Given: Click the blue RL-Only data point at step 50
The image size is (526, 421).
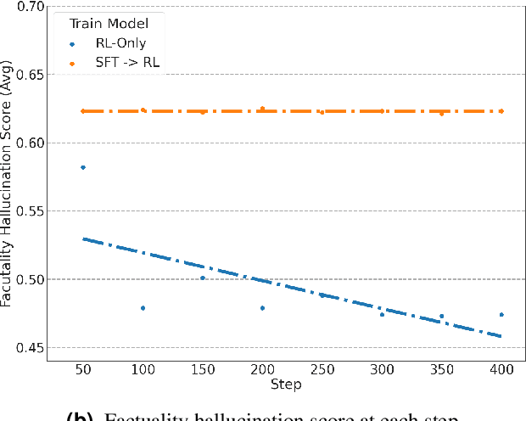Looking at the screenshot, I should tap(83, 167).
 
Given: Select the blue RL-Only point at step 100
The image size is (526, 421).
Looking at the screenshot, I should tap(143, 308).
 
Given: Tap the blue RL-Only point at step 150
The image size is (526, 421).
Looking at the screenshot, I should tap(202, 278).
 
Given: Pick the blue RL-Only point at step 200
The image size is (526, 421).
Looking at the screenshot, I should tap(262, 308).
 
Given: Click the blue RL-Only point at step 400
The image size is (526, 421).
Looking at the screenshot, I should tap(501, 315).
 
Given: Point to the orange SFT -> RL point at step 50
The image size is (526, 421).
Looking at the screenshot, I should tap(83, 111).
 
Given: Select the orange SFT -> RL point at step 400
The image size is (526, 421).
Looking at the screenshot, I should tap(501, 111).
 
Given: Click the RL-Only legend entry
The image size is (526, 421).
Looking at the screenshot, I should tap(119, 44).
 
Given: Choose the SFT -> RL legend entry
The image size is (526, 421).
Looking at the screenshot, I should tap(125, 62).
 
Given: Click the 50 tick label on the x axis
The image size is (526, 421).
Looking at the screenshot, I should tap(83, 370).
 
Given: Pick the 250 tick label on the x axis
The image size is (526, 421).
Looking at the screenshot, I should tap(322, 370).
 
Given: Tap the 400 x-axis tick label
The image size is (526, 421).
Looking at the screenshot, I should tap(501, 370).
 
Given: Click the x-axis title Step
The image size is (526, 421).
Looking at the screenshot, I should tap(287, 385).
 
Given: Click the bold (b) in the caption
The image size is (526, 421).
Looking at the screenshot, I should tap(81, 416).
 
